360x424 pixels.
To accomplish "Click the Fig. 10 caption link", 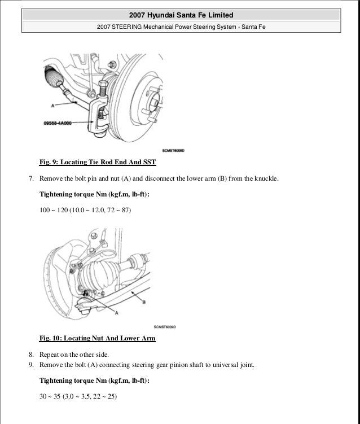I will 97,339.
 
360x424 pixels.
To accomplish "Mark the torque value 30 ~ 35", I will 50,396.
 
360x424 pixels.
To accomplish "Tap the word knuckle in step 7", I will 265,180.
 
